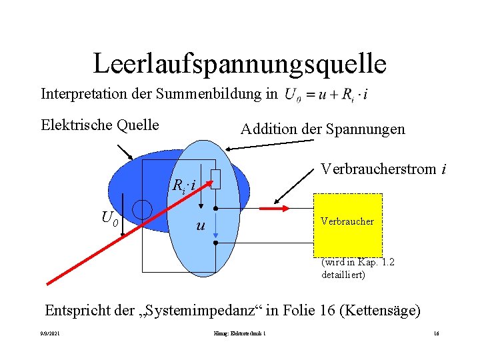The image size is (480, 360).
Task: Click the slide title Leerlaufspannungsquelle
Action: pos(240,63)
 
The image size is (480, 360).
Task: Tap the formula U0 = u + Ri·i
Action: pos(326,95)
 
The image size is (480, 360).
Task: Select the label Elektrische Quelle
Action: pos(100,125)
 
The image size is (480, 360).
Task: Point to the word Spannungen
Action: pos(365,129)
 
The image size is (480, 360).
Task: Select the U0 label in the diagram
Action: pos(110,217)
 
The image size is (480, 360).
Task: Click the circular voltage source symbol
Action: pos(142,209)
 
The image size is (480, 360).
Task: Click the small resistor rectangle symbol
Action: pos(215,179)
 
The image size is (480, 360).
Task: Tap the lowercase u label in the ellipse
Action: pos(200,226)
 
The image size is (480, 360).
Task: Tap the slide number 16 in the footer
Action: pos(435,333)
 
